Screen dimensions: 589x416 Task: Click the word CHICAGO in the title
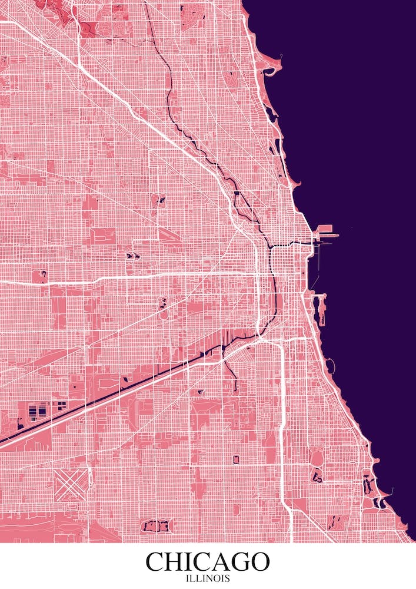tap(208, 561)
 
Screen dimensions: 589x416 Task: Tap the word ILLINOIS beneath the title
tap(208, 579)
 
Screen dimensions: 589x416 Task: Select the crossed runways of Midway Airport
tap(71, 484)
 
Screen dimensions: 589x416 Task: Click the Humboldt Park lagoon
tap(159, 201)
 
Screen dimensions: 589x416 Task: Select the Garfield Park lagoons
tap(131, 256)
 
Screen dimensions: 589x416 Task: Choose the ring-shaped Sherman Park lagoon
tap(237, 459)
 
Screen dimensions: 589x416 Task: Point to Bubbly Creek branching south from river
tap(230, 368)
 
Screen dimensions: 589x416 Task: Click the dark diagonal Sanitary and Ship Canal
tap(118, 389)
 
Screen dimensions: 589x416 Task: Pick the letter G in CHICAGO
tap(238, 561)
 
